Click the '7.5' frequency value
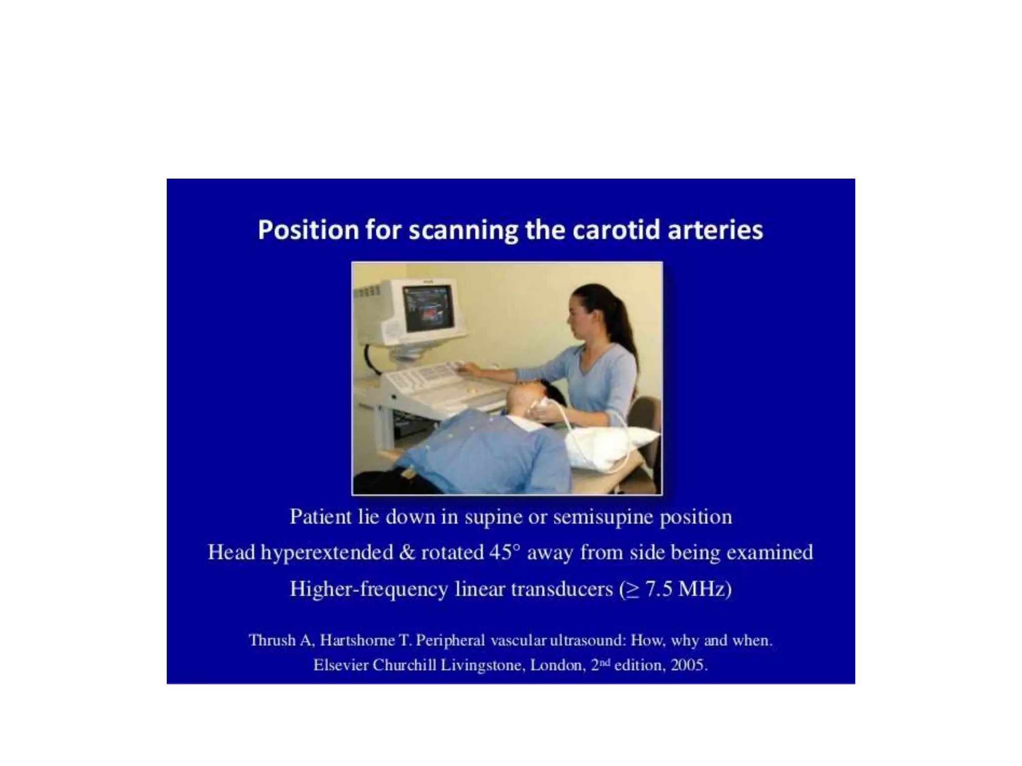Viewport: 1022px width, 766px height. point(659,589)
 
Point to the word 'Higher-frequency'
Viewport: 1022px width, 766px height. point(368,589)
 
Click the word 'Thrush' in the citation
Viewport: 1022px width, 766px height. point(272,640)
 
